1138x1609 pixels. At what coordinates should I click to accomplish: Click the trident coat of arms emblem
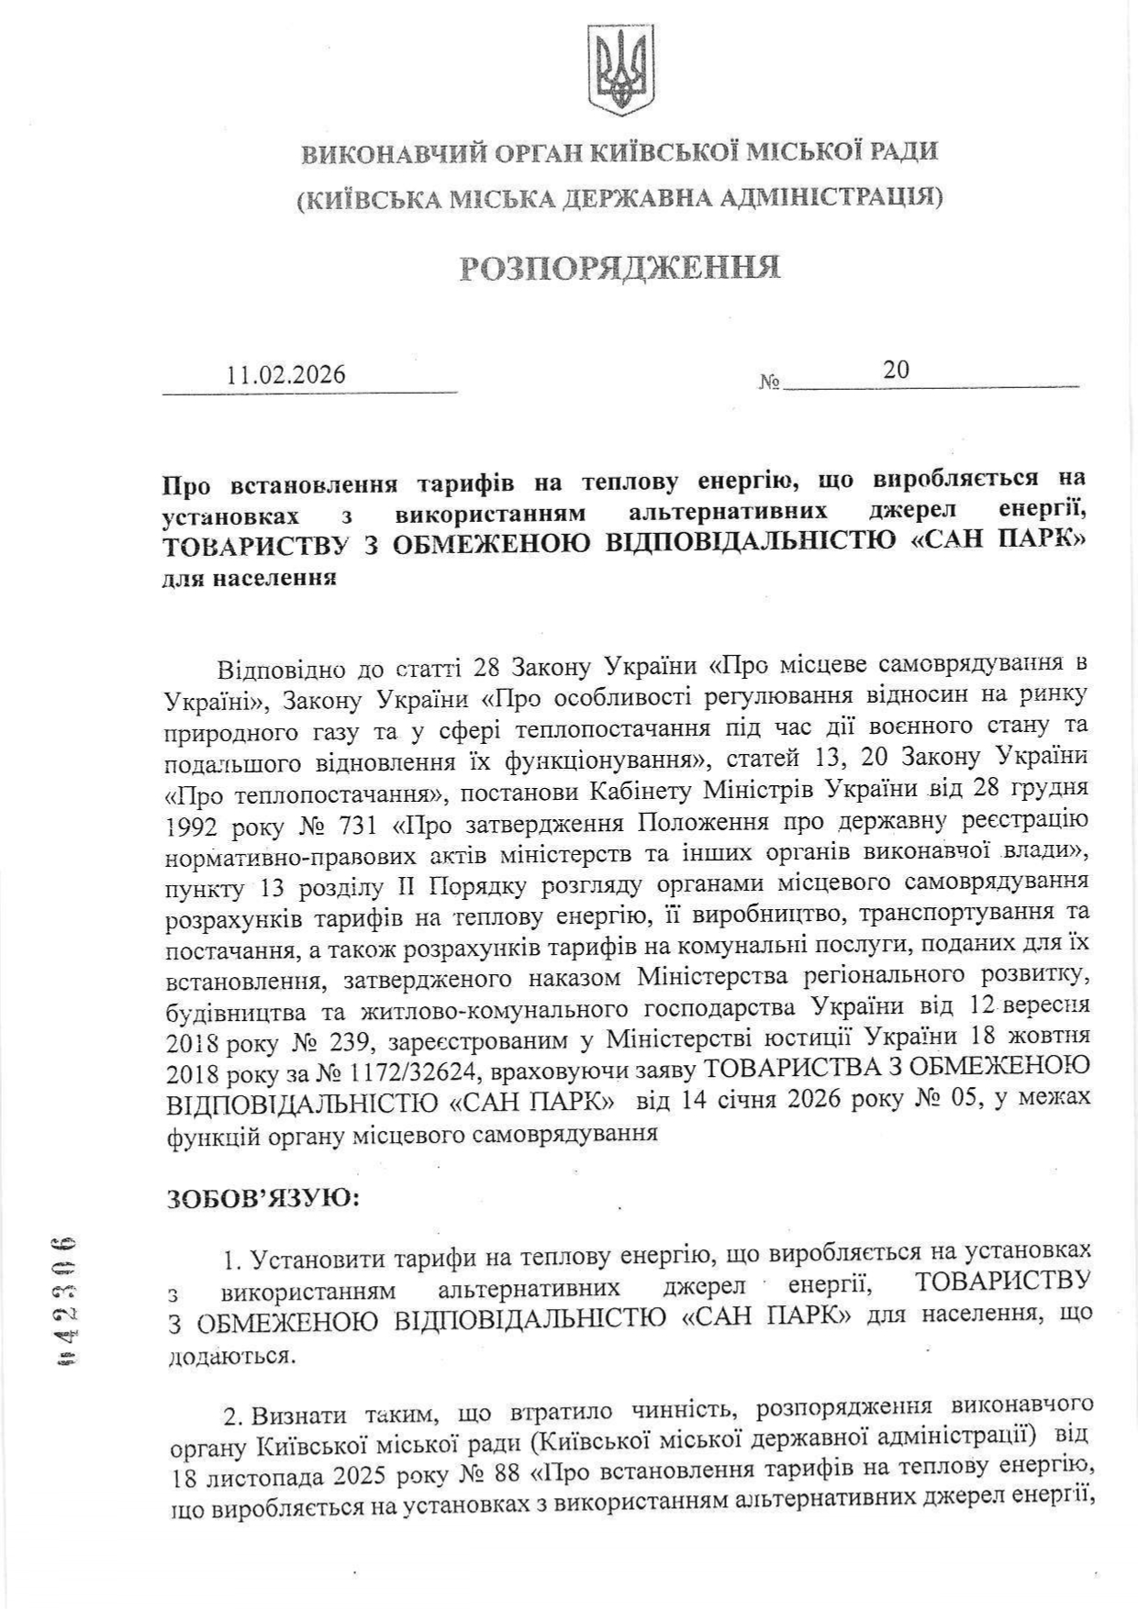(x=620, y=69)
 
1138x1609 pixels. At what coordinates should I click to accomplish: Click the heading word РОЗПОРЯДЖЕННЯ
(x=619, y=268)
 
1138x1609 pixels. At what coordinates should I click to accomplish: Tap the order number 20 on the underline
(x=897, y=369)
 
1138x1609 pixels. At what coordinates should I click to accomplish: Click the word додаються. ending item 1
(x=233, y=1355)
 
